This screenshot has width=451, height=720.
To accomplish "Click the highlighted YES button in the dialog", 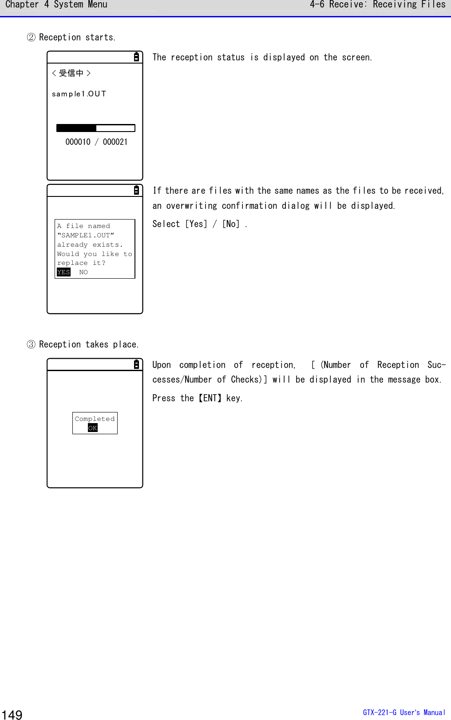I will pos(63,272).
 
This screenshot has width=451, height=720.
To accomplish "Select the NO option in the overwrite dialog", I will pos(83,272).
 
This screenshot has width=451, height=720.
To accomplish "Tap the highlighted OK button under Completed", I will pos(92,428).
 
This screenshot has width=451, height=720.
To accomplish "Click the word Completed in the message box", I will pos(95,419).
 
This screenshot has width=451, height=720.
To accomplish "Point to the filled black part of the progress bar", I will pos(76,128).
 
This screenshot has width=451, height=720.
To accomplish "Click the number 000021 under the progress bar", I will pos(115,142).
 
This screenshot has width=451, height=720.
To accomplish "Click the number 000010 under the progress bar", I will pos(78,142).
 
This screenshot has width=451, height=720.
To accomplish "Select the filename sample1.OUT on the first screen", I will pos(79,94).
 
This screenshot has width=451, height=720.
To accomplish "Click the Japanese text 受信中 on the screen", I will pos(71,73).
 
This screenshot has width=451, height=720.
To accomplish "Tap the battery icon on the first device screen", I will pos(136,57).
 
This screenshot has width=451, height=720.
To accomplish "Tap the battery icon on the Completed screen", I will pos(136,364).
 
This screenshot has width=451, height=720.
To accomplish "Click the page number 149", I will pos(12,714).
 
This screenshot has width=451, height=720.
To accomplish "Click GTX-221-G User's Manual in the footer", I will pos(404,712).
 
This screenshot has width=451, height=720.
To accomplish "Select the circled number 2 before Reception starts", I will pos(31,37).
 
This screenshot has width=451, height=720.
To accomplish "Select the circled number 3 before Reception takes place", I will pos(31,344).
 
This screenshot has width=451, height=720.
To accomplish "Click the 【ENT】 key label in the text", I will pos(210,398).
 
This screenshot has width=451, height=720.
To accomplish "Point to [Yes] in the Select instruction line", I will pos(196,224).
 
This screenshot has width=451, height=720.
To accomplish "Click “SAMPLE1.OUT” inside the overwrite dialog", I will pos(85,235).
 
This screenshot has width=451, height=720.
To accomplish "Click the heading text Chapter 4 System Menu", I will pos(56,5).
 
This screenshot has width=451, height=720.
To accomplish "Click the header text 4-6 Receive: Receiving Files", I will pos(377,5).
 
